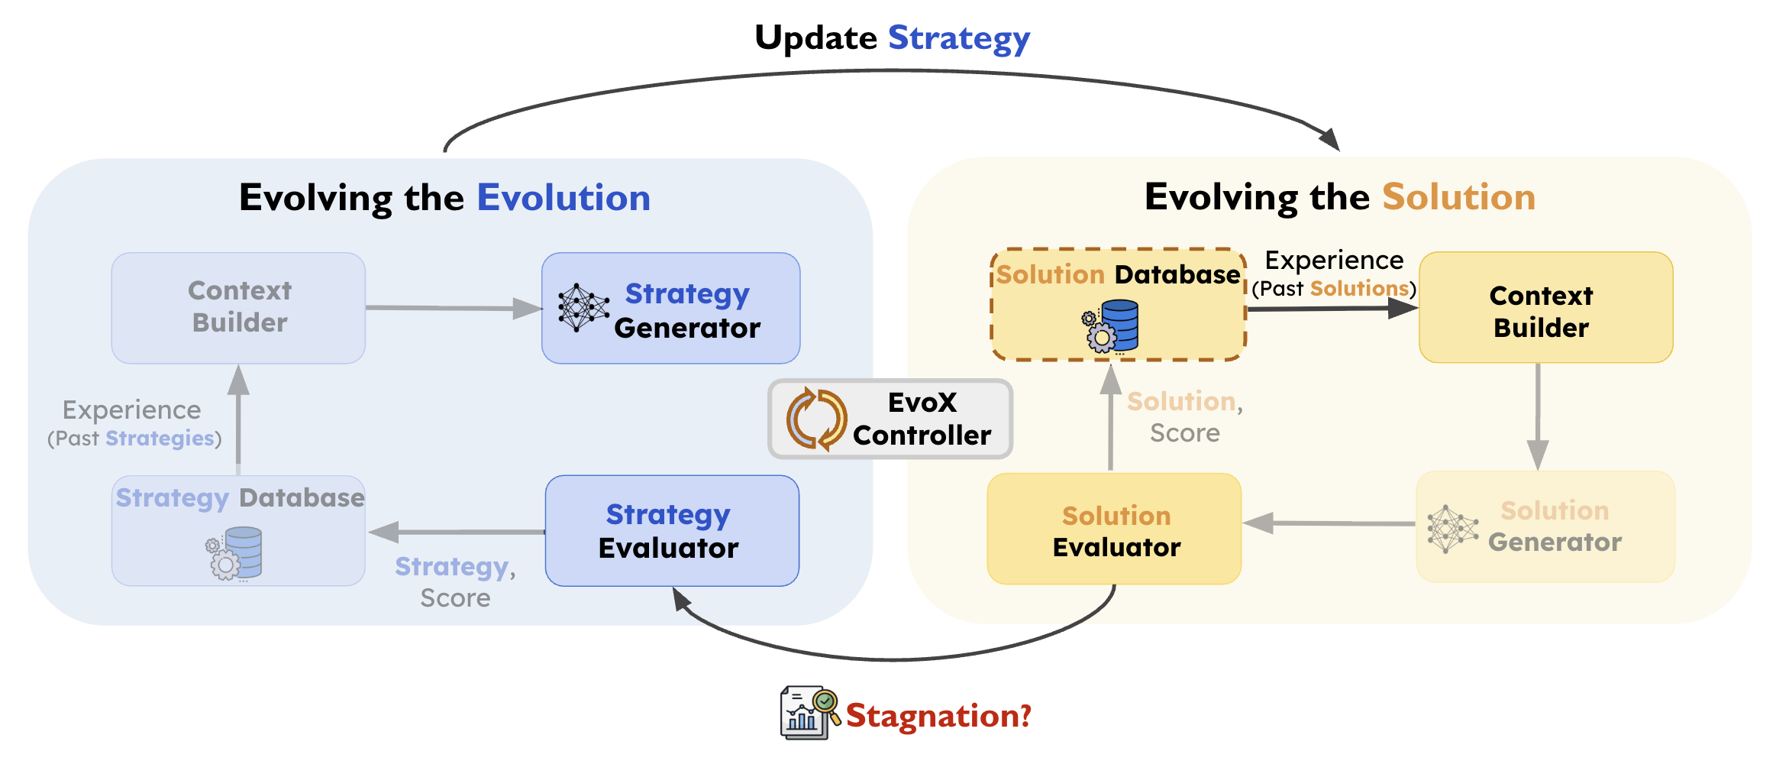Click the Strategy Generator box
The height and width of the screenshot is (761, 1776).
click(670, 308)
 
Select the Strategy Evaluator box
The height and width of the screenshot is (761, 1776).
click(672, 531)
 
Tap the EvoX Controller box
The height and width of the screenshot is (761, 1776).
click(890, 419)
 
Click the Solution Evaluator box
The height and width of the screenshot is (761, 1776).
click(1114, 529)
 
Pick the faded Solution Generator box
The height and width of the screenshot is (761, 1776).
click(1545, 526)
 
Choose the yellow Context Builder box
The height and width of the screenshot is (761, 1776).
click(1545, 308)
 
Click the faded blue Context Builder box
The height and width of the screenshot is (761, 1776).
click(238, 308)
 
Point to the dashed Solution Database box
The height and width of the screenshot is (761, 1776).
click(1118, 304)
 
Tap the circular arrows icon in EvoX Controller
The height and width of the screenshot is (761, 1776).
click(815, 419)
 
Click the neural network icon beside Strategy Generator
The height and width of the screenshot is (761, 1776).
click(583, 307)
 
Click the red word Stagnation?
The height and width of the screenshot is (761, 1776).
click(938, 716)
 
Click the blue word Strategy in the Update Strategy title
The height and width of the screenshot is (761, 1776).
click(958, 38)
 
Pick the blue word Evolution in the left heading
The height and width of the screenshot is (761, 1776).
click(563, 198)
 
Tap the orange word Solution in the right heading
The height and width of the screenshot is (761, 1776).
click(1458, 197)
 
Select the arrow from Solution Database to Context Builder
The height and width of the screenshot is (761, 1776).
click(1332, 309)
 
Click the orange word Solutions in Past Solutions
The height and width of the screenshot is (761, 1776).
click(1359, 289)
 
